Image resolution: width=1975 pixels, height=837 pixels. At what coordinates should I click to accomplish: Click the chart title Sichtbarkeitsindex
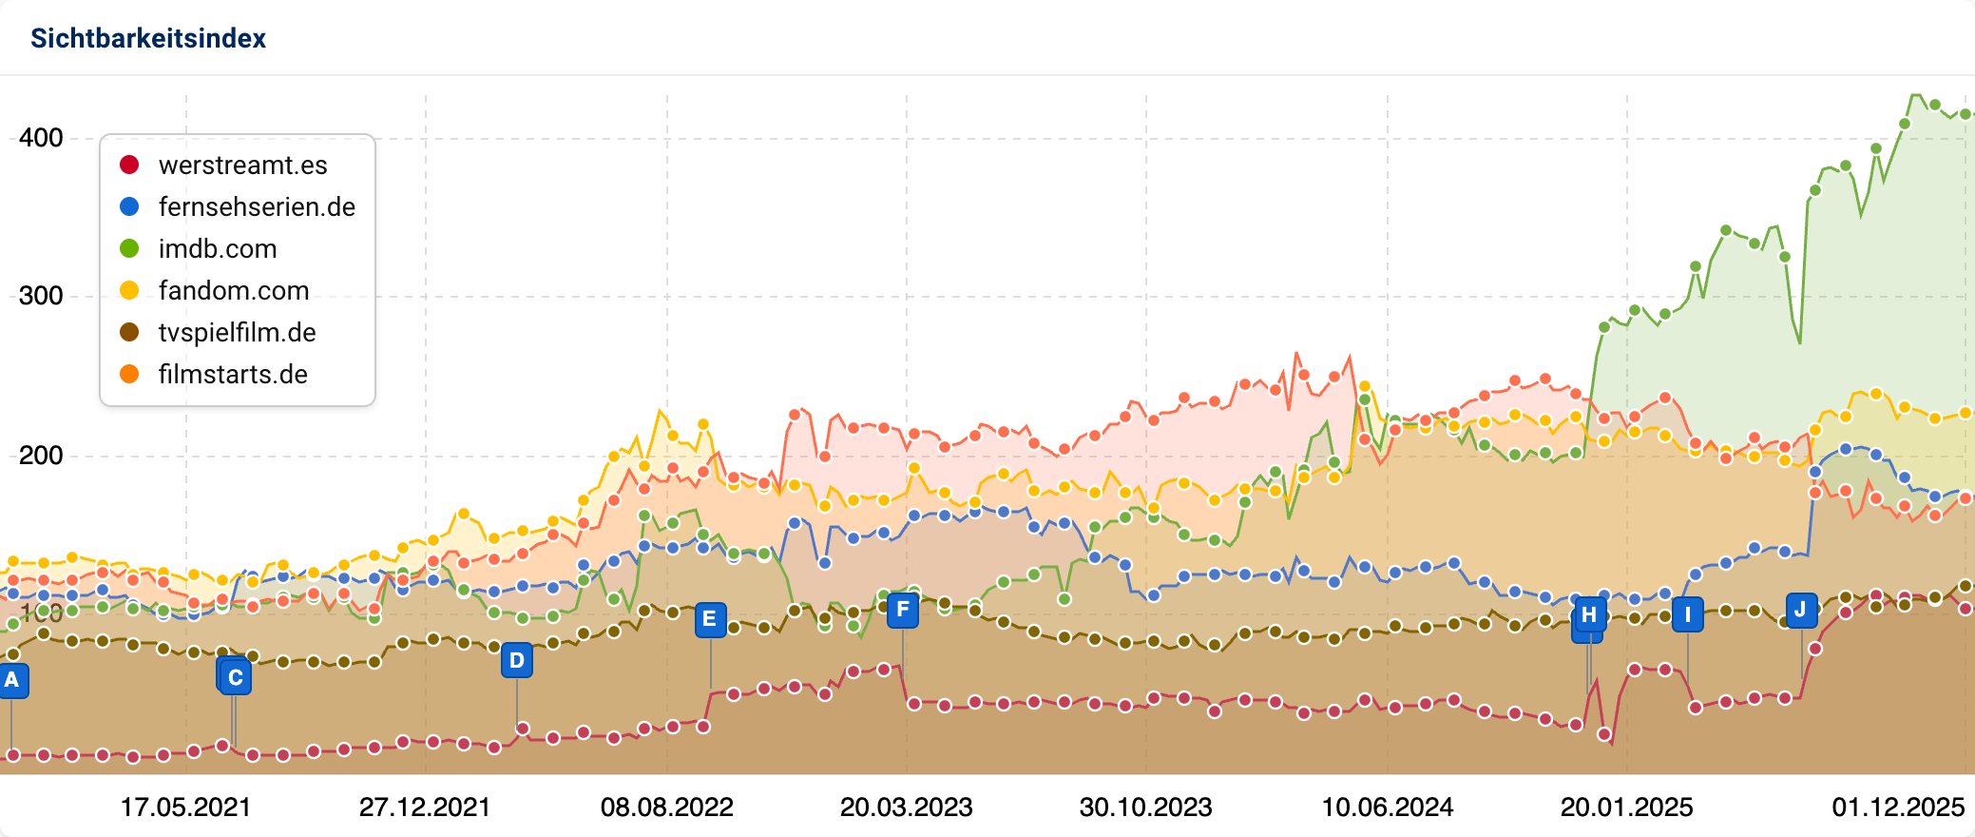click(148, 38)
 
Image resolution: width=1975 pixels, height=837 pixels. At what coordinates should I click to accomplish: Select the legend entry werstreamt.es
click(242, 165)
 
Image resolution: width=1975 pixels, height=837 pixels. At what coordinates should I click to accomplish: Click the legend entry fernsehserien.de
click(257, 207)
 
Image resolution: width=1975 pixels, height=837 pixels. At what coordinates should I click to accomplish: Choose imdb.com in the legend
click(218, 249)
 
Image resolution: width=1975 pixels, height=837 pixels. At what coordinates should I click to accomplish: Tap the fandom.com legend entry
click(234, 291)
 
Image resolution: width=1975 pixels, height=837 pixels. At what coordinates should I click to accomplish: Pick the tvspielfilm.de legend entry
click(237, 333)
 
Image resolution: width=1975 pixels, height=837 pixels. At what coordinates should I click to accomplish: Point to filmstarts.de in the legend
click(233, 375)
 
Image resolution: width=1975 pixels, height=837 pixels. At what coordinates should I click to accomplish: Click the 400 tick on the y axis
click(41, 138)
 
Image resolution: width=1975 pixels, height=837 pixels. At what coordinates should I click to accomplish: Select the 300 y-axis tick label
click(41, 296)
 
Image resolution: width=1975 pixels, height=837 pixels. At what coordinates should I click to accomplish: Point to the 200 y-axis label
click(41, 456)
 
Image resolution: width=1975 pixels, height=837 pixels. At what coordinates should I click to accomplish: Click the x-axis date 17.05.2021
click(185, 808)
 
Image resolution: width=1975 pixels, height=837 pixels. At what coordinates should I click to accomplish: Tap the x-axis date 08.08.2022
click(666, 808)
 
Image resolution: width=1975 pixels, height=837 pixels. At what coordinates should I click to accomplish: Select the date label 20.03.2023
click(906, 808)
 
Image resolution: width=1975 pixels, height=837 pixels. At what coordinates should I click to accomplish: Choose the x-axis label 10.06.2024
click(1387, 808)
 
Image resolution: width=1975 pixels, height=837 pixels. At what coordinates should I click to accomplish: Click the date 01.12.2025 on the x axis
click(1897, 808)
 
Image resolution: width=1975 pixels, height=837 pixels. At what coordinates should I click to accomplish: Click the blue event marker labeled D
click(517, 660)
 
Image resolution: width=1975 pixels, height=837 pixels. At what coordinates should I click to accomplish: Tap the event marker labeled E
click(710, 620)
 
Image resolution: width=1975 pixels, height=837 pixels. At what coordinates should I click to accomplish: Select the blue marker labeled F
click(903, 610)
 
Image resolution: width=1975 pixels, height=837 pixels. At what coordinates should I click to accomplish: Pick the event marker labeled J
click(1800, 610)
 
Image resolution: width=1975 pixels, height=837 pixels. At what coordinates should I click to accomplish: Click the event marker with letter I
click(1687, 614)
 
